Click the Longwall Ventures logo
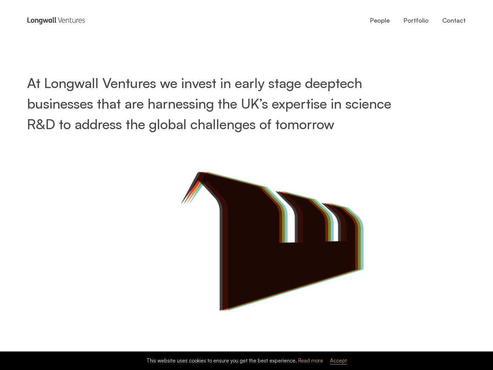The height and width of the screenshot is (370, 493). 56,21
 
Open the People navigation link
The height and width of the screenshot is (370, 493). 380,21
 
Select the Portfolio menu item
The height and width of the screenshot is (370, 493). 416,21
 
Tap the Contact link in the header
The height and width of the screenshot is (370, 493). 454,21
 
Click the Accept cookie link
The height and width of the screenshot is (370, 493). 338,361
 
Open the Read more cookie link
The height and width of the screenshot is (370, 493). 311,361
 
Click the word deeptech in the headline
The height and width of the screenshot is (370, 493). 333,84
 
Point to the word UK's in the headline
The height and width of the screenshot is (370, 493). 254,104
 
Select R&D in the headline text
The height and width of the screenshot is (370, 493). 41,125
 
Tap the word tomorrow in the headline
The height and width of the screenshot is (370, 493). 305,125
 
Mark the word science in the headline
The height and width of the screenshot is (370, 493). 368,104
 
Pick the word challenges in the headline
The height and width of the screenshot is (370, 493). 223,125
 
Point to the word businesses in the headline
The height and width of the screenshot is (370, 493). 60,104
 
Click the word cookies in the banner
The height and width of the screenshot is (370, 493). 198,361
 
